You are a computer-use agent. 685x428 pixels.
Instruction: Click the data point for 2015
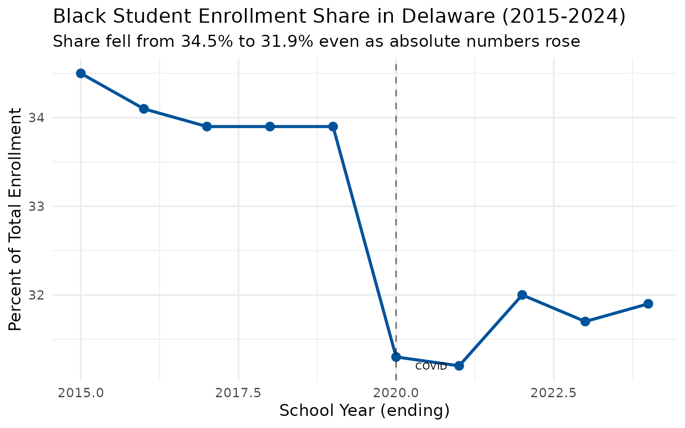click(81, 74)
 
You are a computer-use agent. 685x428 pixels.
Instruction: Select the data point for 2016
click(144, 109)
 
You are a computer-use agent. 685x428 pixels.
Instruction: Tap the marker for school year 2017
click(206, 127)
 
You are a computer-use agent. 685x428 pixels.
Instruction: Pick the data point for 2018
click(270, 127)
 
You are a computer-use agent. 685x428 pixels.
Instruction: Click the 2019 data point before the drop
click(333, 127)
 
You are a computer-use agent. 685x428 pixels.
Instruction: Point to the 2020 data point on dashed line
click(396, 357)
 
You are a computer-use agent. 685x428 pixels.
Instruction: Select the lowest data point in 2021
click(459, 366)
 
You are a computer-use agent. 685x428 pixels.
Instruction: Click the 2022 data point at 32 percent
click(522, 295)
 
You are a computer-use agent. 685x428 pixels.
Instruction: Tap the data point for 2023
click(585, 321)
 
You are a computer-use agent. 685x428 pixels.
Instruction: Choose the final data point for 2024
click(648, 304)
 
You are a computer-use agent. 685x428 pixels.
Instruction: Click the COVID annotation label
click(431, 367)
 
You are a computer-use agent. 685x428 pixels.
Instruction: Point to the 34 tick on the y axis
click(37, 118)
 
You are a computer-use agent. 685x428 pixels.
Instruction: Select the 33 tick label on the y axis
click(37, 206)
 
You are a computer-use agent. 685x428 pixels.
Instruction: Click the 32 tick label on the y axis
click(37, 295)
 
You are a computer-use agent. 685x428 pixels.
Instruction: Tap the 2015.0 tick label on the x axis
click(81, 393)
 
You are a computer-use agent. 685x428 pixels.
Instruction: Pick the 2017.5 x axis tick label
click(238, 393)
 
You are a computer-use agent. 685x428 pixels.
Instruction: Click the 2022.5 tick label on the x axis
click(553, 393)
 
